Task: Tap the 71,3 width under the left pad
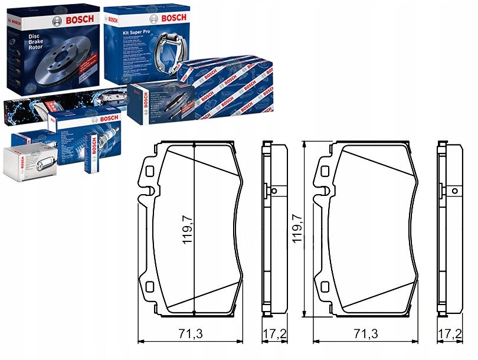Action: pyautogui.click(x=190, y=334)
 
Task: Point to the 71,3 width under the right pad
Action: pyautogui.click(x=365, y=334)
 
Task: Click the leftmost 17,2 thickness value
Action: pyautogui.click(x=273, y=334)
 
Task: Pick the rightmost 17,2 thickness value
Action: pyautogui.click(x=450, y=334)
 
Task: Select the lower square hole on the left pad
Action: pyautogui.click(x=150, y=287)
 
